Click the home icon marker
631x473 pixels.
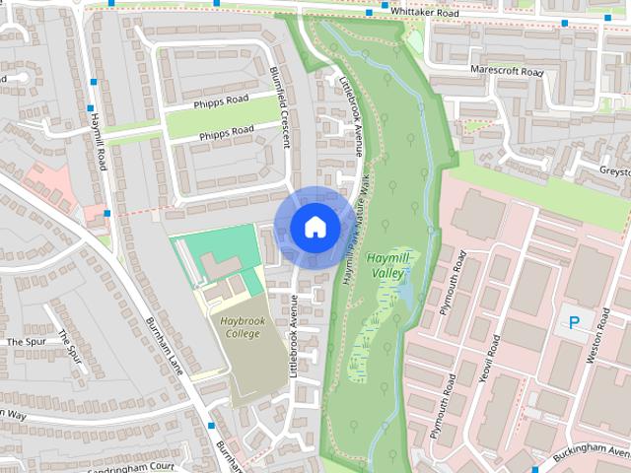click(x=314, y=227)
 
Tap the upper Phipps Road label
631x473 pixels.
click(x=222, y=101)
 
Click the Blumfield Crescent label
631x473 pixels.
click(x=280, y=107)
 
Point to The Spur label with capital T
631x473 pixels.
click(x=27, y=341)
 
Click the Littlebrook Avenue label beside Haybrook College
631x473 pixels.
click(x=292, y=335)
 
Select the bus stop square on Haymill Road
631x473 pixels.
click(x=91, y=109)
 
